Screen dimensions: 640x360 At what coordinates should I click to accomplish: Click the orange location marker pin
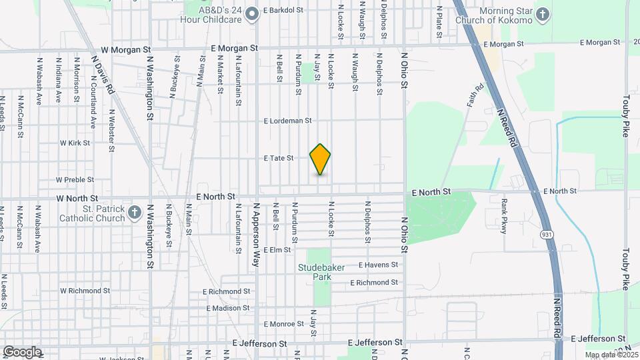320,159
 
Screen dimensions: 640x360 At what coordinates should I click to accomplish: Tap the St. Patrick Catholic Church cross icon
135,213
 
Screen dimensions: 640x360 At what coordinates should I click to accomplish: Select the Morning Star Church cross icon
543,14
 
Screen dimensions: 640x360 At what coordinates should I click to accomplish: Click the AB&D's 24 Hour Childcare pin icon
251,13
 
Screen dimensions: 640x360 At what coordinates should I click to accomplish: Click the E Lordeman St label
288,121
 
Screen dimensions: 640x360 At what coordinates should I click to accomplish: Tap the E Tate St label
279,158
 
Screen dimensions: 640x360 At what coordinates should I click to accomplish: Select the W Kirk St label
75,143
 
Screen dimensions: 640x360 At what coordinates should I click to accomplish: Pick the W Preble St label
75,179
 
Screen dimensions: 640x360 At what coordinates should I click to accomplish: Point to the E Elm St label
277,250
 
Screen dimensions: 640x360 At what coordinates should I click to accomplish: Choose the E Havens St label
378,265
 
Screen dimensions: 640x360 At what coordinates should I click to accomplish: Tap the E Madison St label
227,308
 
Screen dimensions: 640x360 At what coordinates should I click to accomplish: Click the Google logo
22,352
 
